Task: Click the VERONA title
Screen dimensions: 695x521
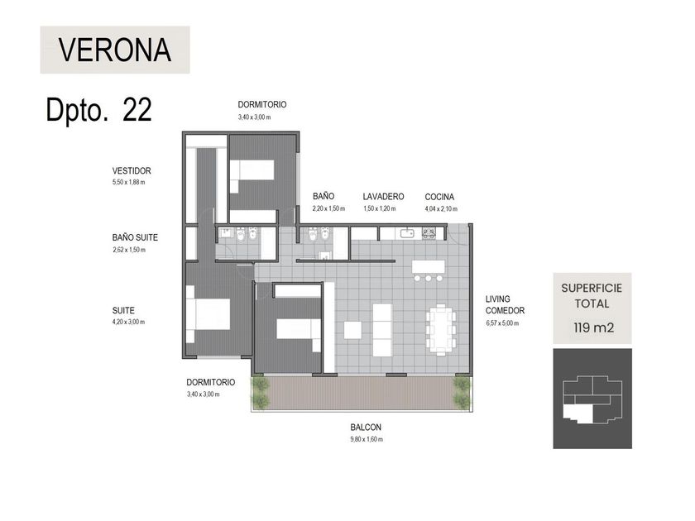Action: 115,50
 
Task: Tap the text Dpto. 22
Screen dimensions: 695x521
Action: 98,109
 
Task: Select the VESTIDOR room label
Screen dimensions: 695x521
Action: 132,170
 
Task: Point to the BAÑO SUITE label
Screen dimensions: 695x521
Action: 135,237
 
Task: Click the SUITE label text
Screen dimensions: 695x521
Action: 123,311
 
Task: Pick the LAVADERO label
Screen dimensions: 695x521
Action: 383,196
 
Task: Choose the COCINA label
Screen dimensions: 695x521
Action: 439,197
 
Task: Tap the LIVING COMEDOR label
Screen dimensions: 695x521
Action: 505,305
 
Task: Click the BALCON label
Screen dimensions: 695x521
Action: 366,427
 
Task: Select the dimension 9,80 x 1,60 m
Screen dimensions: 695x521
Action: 367,439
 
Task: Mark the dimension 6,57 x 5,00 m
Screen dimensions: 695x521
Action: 502,323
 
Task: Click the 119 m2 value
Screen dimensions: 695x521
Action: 594,327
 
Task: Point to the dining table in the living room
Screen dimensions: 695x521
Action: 442,330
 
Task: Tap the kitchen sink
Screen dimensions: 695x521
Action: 407,233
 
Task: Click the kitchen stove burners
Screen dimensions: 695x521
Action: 429,233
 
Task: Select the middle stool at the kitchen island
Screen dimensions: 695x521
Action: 429,278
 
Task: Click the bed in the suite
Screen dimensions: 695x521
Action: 208,314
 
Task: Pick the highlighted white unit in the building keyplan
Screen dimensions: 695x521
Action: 578,413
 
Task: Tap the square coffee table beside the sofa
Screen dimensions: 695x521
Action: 352,330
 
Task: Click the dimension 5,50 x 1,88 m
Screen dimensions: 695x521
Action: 128,182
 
